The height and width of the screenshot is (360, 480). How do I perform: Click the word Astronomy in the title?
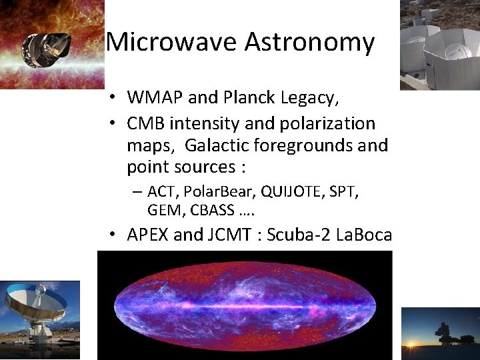tap(309, 43)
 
